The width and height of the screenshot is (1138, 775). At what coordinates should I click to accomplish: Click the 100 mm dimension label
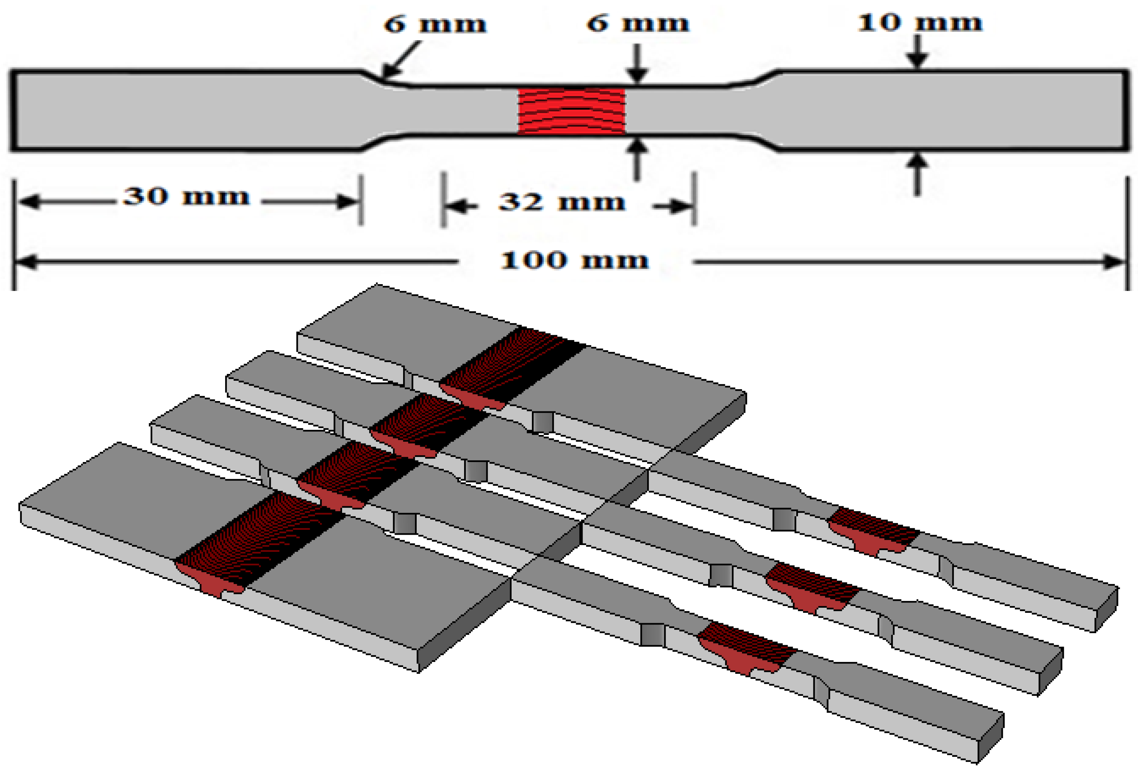[x=574, y=260]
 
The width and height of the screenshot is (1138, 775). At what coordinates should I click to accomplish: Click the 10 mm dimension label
[x=920, y=22]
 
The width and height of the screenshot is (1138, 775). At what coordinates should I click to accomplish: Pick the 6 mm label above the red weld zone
[x=637, y=23]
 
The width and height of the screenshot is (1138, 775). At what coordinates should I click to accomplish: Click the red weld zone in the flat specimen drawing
[x=572, y=111]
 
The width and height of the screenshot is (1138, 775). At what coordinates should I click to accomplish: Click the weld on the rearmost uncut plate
[x=509, y=367]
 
